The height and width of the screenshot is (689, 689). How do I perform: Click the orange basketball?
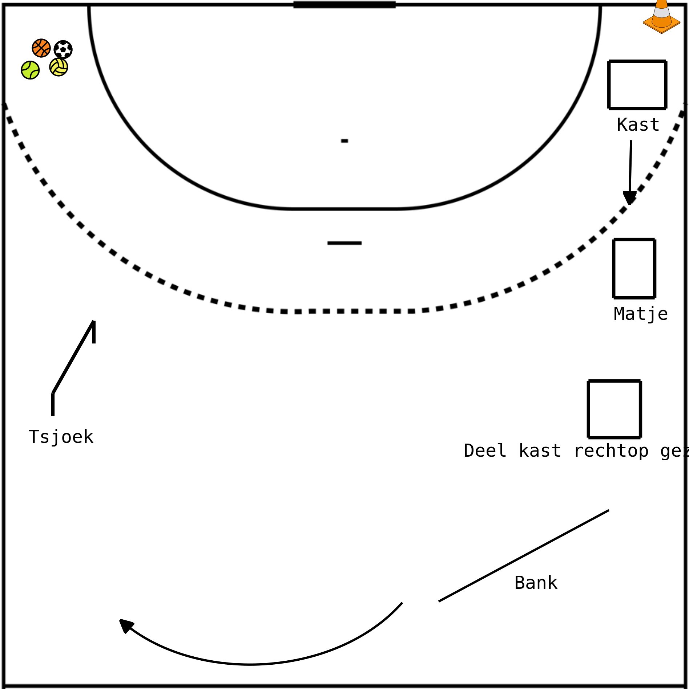coord(41,48)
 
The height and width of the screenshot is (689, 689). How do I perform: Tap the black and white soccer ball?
coord(63,49)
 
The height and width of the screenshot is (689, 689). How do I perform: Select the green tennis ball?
coord(30,70)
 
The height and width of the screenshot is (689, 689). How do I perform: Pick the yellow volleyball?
coord(59,67)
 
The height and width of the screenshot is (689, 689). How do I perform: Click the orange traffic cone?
coord(661,18)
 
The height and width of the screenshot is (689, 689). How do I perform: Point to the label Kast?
coord(638,125)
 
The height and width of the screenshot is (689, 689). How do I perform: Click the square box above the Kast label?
coord(637,85)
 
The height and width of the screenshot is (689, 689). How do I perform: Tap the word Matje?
coord(640,314)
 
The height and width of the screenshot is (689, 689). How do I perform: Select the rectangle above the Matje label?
coord(634,268)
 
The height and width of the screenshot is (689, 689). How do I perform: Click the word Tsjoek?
coord(61,437)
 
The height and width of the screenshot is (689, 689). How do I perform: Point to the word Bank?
coord(536,583)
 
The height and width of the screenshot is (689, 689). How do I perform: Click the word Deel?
coord(485,451)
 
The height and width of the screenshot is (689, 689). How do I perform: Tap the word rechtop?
coord(611,451)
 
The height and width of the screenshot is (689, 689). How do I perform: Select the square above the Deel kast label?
coord(614,409)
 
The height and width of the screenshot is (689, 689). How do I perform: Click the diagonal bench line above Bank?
coord(523,556)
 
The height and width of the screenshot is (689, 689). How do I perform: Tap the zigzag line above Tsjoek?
coord(73,358)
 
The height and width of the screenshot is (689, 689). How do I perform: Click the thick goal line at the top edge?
coord(344,5)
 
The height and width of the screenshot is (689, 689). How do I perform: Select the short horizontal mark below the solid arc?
coord(344,243)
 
